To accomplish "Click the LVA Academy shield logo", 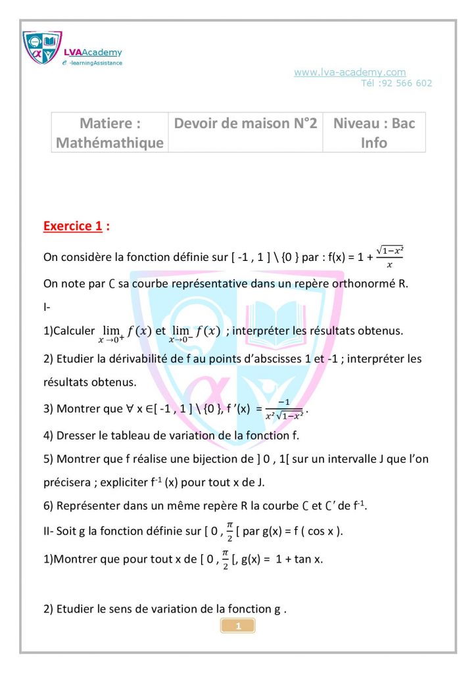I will [41, 47].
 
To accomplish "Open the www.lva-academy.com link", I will [349, 72].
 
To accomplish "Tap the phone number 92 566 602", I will [408, 83].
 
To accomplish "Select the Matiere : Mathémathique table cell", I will [110, 133].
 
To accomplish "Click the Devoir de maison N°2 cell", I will [245, 124].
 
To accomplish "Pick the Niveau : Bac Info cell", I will [374, 133].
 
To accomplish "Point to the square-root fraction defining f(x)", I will [389, 257].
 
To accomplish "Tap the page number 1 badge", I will [238, 626].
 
